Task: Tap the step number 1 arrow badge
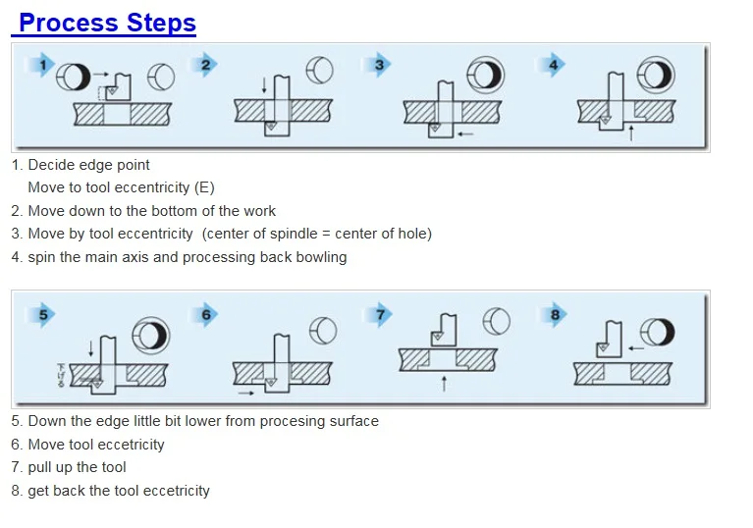[x=41, y=65]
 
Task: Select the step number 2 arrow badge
[x=204, y=65]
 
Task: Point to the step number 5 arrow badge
[x=42, y=315]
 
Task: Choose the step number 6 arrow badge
[x=205, y=315]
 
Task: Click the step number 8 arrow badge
[x=554, y=315]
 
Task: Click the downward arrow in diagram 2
[x=264, y=84]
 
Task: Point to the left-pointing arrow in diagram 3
[x=465, y=134]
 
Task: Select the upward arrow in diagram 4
[x=631, y=132]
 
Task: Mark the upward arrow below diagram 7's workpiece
[x=444, y=384]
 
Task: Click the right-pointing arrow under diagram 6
[x=246, y=394]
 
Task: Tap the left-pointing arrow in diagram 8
[x=636, y=348]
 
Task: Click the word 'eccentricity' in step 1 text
[x=151, y=187]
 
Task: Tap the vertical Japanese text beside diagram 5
[x=61, y=375]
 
